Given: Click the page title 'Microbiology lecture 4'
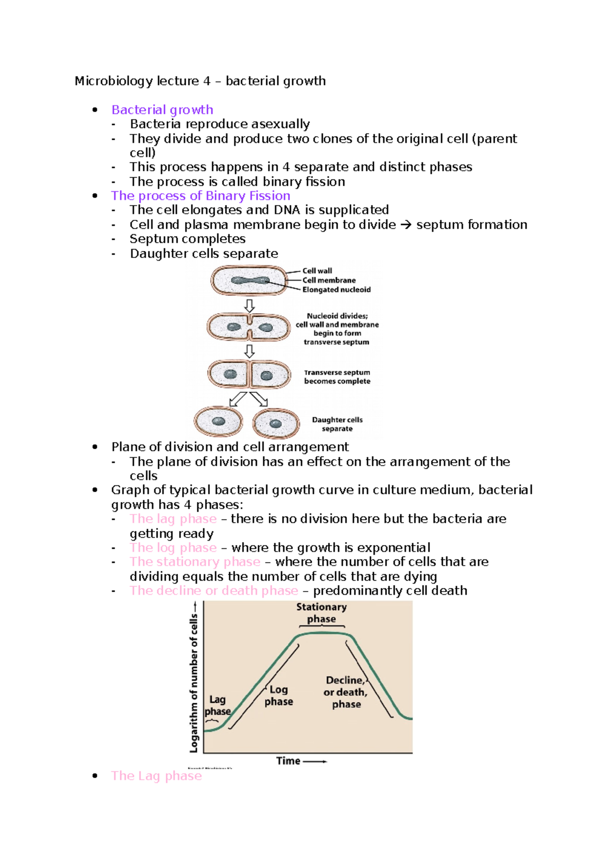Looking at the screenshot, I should (142, 81).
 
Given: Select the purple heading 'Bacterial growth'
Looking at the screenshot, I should (162, 110).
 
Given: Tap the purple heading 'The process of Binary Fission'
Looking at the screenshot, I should (200, 196).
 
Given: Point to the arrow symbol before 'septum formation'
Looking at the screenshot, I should (405, 225).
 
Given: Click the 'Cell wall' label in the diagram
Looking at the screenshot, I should (317, 271).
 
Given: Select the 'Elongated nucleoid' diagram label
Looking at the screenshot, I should (336, 290).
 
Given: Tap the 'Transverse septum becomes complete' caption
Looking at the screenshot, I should (337, 377).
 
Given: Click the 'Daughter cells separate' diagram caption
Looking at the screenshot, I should (337, 424).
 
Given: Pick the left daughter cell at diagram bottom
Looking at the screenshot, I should (218, 422).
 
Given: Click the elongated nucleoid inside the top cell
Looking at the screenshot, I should (250, 281).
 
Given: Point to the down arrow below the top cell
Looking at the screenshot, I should (249, 306).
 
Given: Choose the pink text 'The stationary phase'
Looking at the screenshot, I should (195, 562).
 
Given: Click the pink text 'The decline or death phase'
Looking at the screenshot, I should (214, 591).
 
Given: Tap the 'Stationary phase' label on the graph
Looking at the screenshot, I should (321, 613).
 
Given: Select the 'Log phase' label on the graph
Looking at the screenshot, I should (278, 696).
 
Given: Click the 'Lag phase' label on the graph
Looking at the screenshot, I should (217, 705).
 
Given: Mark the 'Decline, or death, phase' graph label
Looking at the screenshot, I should (346, 692).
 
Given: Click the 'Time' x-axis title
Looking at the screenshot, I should (289, 761).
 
